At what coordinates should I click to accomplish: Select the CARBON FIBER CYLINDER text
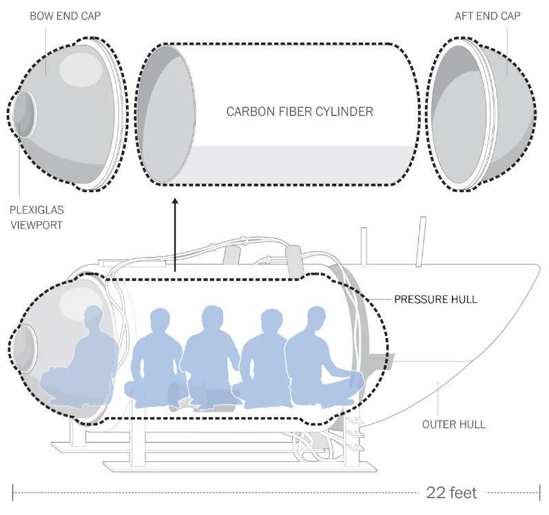(x=300, y=112)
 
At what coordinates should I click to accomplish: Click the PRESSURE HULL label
(x=435, y=299)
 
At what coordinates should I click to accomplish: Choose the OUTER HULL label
(x=453, y=424)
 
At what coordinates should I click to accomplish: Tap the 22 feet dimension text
(x=451, y=493)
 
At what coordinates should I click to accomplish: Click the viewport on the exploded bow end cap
(x=24, y=112)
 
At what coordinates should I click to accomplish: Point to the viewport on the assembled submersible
(x=25, y=344)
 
